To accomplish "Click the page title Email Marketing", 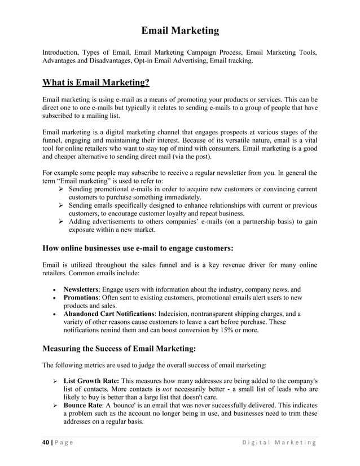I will pos(179,30).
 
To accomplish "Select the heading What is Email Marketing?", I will pos(96,83).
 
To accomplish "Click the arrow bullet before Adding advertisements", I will pos(62,222).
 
